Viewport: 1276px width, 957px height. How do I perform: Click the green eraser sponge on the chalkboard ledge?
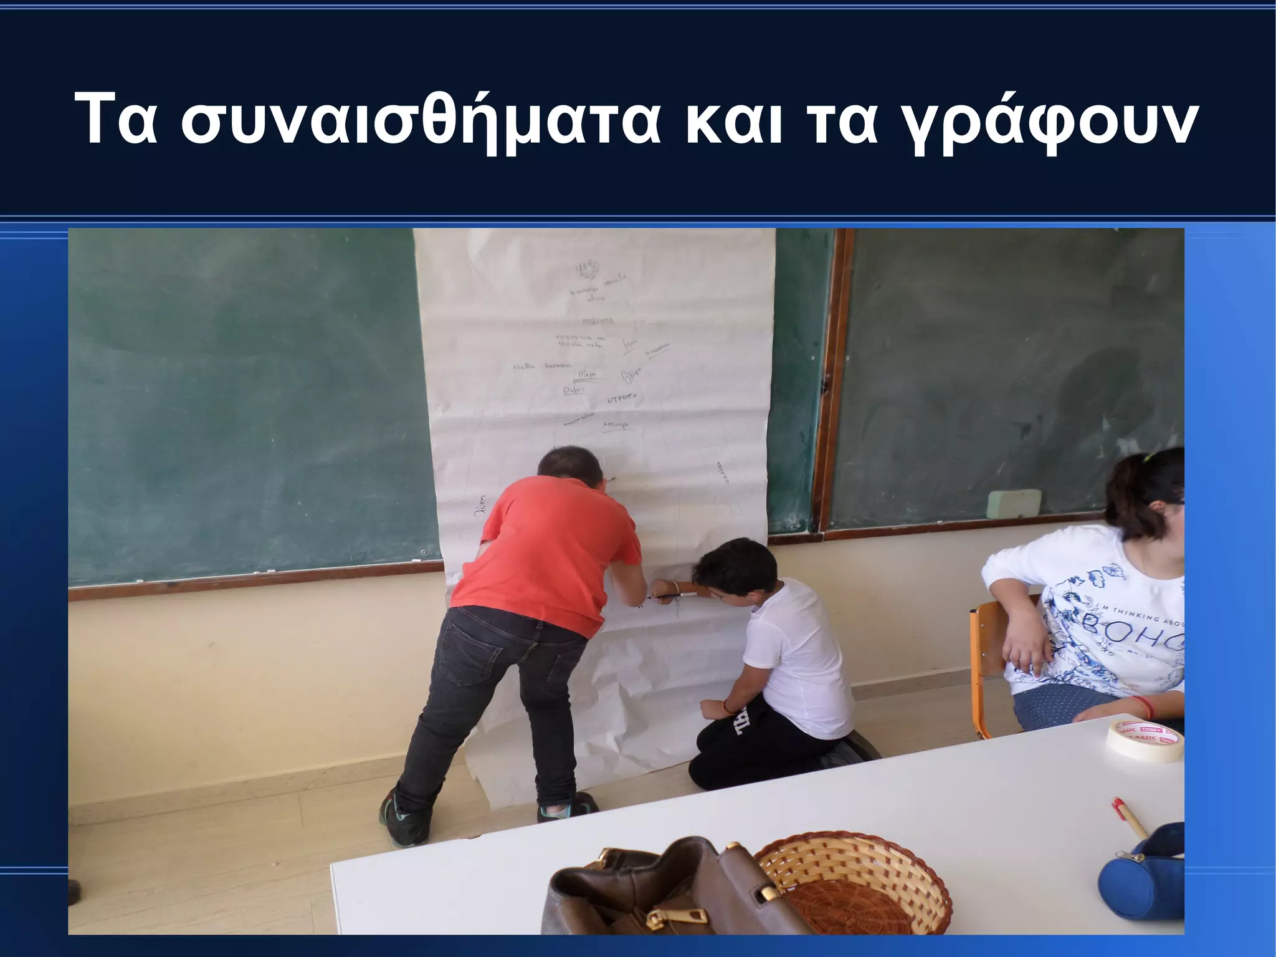(1015, 503)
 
